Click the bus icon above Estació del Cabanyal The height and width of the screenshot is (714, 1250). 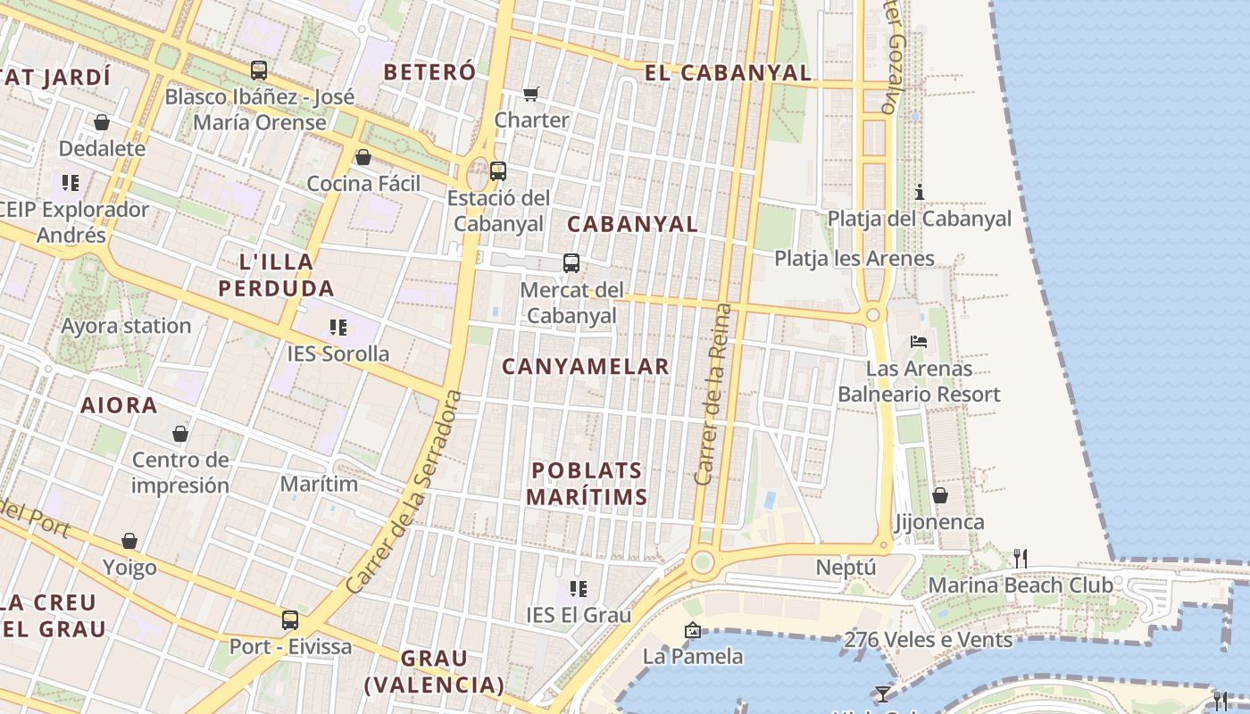[498, 170]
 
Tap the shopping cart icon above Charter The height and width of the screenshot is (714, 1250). [531, 93]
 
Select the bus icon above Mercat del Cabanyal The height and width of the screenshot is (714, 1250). [571, 262]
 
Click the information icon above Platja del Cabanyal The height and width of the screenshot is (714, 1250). [920, 192]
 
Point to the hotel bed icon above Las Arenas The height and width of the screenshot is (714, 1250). [919, 341]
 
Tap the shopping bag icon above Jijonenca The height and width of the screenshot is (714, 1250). [940, 494]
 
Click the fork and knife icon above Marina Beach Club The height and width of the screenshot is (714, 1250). [1020, 559]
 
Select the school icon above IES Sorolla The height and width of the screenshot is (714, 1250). [337, 327]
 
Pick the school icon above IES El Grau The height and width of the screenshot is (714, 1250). [579, 588]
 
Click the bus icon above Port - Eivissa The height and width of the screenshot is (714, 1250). [290, 619]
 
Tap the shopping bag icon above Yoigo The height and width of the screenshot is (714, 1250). [129, 541]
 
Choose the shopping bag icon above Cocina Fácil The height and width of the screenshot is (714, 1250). [363, 157]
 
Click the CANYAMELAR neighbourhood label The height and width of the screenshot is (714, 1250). [585, 366]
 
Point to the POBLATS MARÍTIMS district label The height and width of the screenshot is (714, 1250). [587, 484]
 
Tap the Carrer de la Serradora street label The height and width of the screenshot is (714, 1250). [406, 491]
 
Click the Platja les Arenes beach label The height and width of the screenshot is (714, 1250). [854, 259]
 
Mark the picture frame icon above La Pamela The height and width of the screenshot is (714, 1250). [692, 630]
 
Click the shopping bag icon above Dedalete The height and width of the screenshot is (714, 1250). [102, 122]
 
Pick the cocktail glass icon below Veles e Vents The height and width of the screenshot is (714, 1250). [883, 693]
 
